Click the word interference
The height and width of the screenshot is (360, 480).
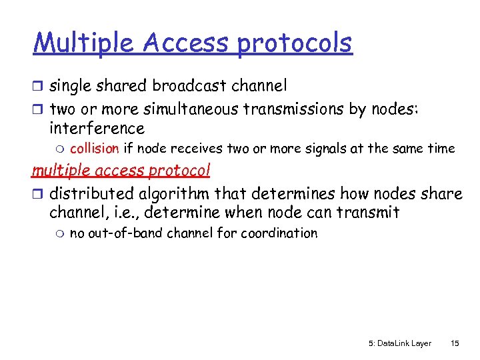(97, 128)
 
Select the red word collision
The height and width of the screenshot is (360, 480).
(94, 149)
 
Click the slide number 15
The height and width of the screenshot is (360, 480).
(455, 343)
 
